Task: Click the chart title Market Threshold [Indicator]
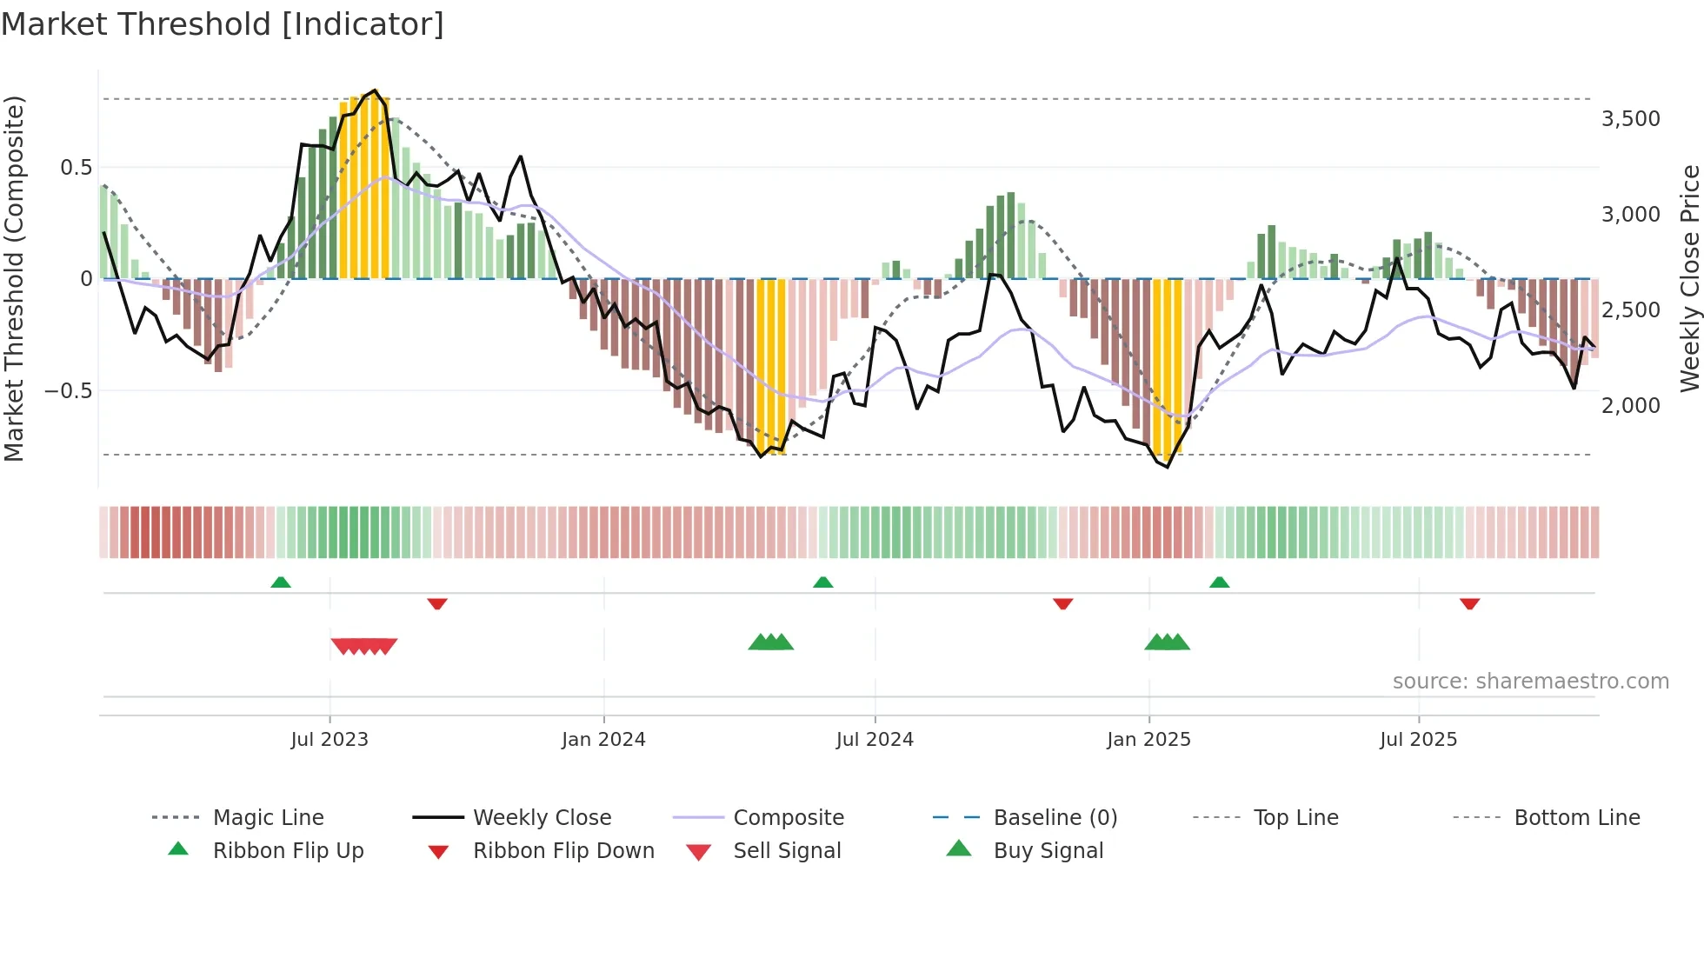pos(223,24)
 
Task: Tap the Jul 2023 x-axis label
pos(329,740)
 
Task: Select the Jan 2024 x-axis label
pos(603,740)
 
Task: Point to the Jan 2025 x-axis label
pos(1148,740)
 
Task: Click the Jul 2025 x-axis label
pos(1418,740)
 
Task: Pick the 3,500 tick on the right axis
pos(1630,119)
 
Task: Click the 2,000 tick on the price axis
pos(1630,406)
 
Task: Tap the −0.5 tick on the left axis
pos(68,391)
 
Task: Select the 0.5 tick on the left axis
pos(76,168)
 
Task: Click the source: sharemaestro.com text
pos(1530,682)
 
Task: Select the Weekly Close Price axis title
pos(1689,278)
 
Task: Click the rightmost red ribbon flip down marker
pos(1469,603)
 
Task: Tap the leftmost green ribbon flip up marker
pos(281,582)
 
